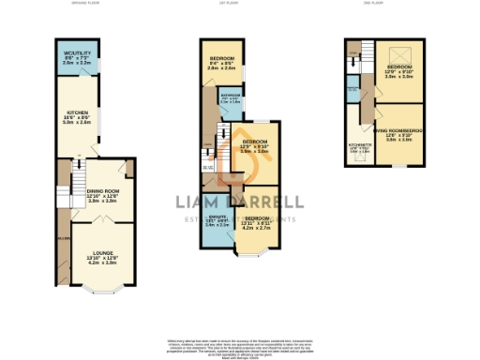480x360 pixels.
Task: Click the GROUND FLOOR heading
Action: pyautogui.click(x=84, y=4)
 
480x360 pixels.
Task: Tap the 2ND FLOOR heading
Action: pyautogui.click(x=373, y=4)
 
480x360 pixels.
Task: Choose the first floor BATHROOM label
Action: pyautogui.click(x=232, y=97)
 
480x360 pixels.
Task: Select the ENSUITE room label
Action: pyautogui.click(x=217, y=221)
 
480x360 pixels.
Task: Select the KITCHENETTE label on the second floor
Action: pyautogui.click(x=359, y=147)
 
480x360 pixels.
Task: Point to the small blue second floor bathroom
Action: pyautogui.click(x=352, y=92)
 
